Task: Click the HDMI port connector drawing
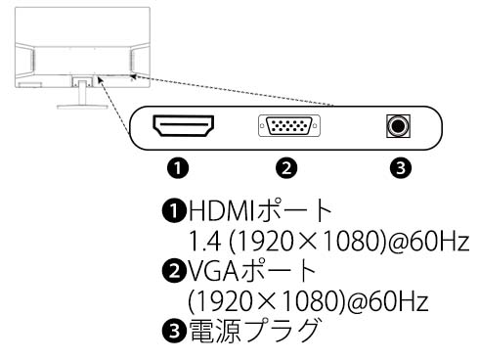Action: pos(183,125)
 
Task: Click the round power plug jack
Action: pos(397,126)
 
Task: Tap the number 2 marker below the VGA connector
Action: pos(285,167)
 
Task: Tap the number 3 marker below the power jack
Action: pos(398,167)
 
